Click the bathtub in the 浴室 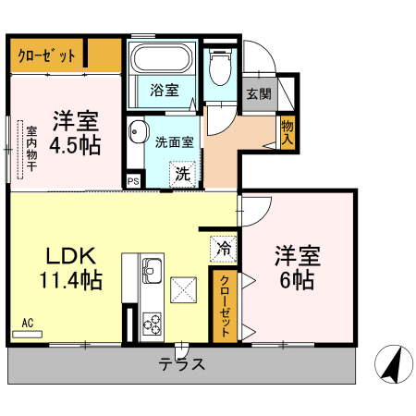161,58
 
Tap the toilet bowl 220,67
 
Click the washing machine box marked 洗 182,175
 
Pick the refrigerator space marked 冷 224,249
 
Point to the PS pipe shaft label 133,181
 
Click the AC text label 28,323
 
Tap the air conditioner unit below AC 27,335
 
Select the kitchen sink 152,271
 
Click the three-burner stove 152,324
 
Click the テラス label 181,364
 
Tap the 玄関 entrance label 259,93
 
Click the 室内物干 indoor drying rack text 31,148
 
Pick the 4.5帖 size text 75,145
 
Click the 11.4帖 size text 71,280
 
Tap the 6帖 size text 297,280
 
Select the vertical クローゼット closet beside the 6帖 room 225,306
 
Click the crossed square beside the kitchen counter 184,290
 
